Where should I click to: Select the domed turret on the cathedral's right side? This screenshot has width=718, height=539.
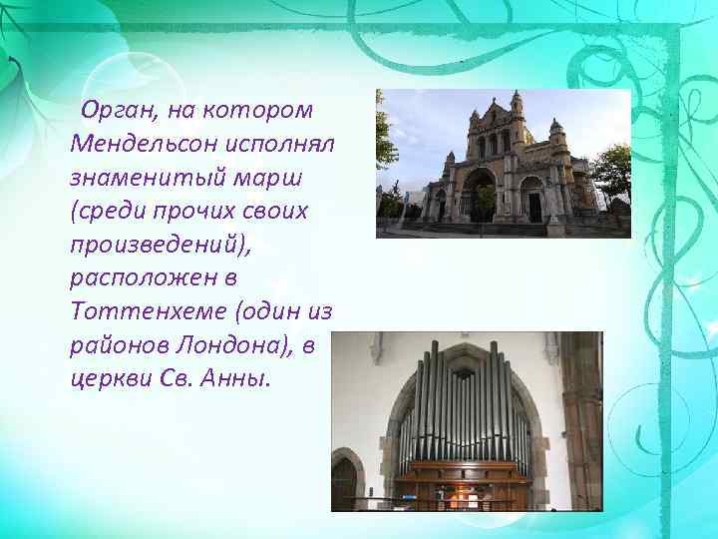pos(556,134)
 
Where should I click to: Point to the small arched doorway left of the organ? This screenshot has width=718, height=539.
pos(345,481)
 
